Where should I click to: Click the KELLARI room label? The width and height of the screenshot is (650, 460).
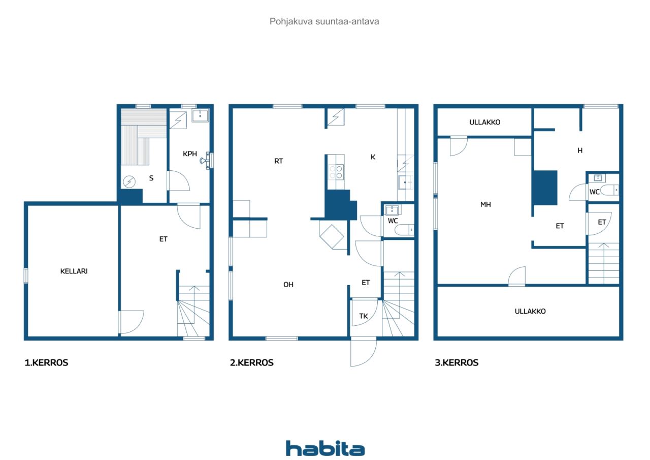[74, 271]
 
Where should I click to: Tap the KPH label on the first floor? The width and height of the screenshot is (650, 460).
[190, 154]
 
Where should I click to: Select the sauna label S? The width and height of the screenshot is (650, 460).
[151, 178]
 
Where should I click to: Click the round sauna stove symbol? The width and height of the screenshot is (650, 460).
[129, 182]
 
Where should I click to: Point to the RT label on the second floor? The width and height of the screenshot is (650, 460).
[279, 161]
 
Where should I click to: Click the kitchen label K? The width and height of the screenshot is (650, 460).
[373, 157]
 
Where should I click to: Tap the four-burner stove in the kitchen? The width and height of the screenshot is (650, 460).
[336, 172]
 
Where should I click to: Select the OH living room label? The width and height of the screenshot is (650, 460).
[288, 285]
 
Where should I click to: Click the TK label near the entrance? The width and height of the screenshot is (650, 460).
[363, 316]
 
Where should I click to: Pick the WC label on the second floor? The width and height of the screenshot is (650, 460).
[393, 221]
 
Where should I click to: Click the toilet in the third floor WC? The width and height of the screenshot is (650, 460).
[609, 191]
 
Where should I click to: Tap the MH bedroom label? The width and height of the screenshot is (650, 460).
[485, 204]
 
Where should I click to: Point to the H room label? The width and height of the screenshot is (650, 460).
[580, 150]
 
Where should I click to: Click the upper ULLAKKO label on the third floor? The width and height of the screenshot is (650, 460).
[484, 122]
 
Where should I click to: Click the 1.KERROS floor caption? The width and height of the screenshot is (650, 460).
[46, 362]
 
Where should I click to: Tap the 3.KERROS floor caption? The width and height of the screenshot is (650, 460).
[457, 362]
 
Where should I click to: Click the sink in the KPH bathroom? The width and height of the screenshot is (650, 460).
[200, 115]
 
